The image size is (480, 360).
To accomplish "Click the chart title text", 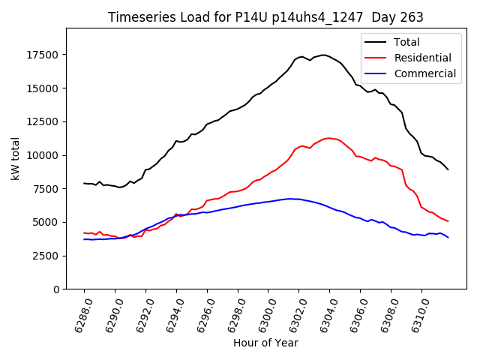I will coord(265,17).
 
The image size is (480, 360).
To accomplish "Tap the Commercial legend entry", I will coord(424,73).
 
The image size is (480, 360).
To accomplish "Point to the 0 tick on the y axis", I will coord(56,289).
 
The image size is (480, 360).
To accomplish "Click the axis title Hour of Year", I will coord(265,343).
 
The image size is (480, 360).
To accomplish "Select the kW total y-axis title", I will coord(14,158).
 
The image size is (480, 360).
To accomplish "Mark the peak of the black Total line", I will coord(322,55).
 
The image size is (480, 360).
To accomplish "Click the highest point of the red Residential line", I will coord(328,138).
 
